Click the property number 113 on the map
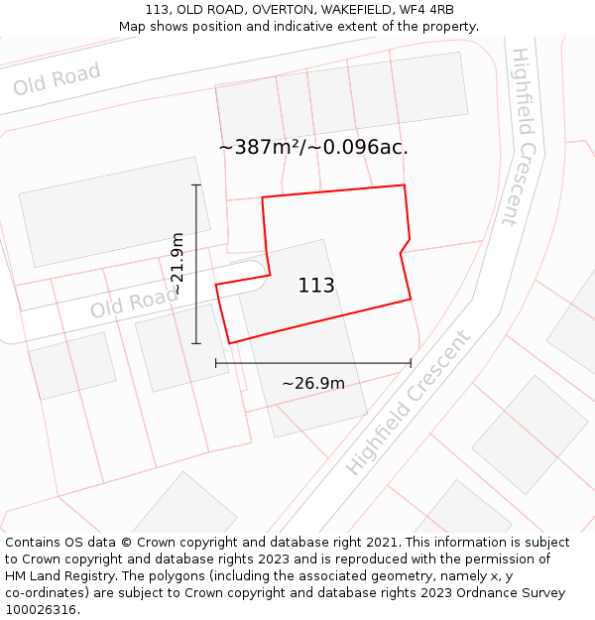316,286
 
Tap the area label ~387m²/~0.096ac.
313,147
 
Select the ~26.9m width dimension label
313,384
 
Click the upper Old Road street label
58,78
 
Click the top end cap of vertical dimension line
196,185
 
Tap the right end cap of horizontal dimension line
411,364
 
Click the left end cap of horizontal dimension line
216,364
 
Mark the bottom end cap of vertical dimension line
196,344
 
